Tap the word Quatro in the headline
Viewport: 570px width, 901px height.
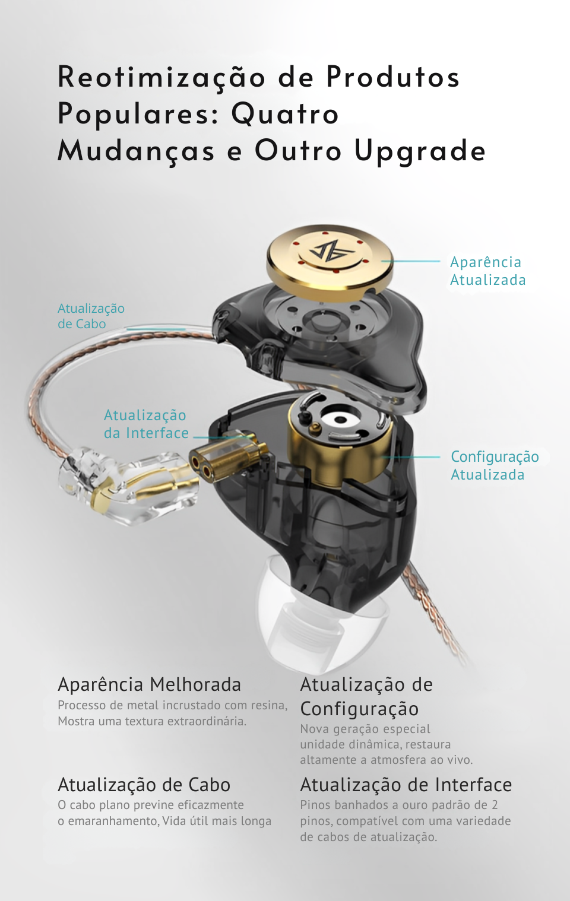click(x=285, y=114)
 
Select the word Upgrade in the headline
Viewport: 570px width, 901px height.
click(x=420, y=152)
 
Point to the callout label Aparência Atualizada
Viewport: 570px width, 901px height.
click(x=487, y=271)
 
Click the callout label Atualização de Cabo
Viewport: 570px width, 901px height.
click(x=91, y=316)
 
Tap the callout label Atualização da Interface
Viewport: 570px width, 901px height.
click(x=146, y=424)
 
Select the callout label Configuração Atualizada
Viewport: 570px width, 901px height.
click(x=495, y=465)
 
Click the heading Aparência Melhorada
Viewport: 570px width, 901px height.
click(x=149, y=684)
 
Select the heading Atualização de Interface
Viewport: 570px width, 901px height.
click(x=406, y=785)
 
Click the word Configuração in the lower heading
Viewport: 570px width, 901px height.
click(x=359, y=709)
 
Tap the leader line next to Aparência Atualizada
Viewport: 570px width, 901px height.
click(x=411, y=261)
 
